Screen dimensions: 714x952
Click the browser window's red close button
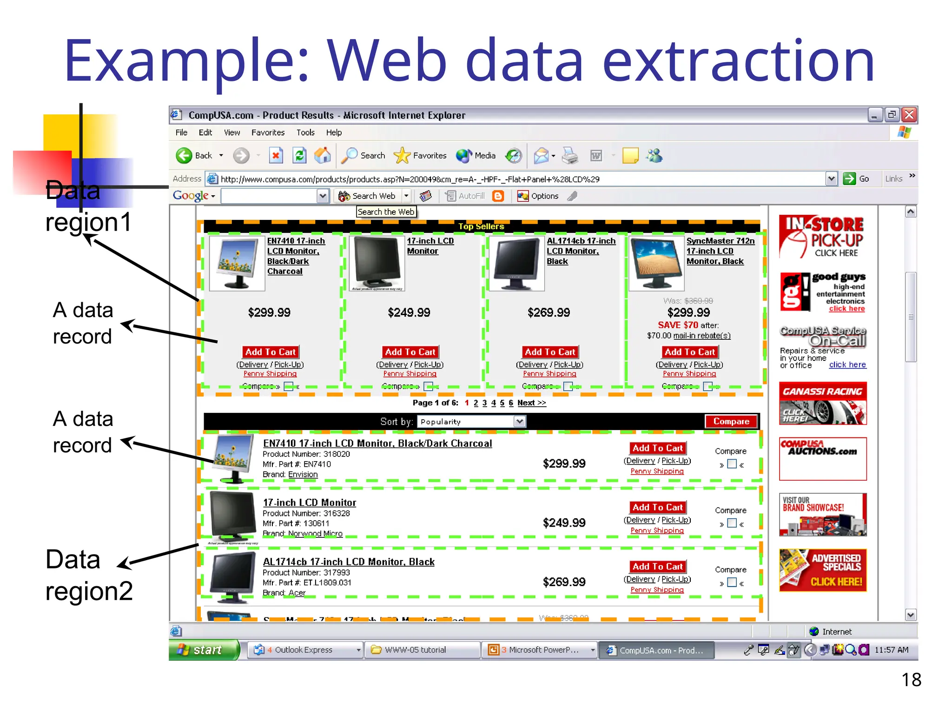click(909, 114)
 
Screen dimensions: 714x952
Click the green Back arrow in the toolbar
click(184, 155)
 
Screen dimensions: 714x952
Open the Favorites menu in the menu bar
click(268, 132)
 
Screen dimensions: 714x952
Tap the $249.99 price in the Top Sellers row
click(409, 312)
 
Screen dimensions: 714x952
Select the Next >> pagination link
click(531, 403)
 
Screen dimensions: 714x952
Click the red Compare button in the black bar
click(731, 422)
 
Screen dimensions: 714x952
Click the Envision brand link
click(303, 475)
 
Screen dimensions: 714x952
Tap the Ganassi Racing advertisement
click(823, 403)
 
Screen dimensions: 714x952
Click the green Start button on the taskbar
click(205, 650)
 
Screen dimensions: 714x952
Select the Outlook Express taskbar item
click(304, 650)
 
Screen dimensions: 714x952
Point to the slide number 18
click(911, 680)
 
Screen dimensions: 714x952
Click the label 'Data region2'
click(89, 575)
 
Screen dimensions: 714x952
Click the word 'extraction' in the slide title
click(738, 60)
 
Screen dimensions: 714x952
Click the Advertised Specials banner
click(823, 570)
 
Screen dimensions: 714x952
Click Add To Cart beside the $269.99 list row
click(657, 567)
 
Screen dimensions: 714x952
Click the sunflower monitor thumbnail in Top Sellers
click(237, 264)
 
